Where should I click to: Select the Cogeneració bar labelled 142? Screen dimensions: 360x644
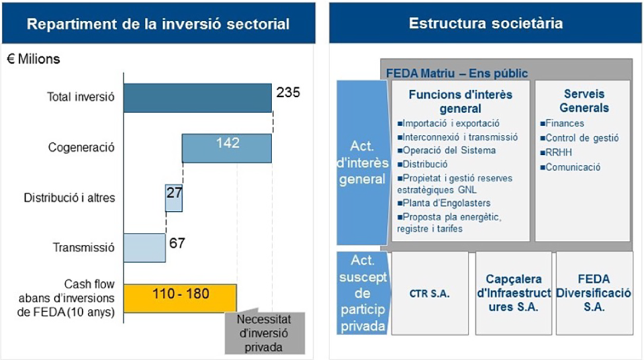[x=226, y=148]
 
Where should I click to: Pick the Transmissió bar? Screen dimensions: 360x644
[x=144, y=247]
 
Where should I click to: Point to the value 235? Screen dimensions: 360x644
[x=289, y=92]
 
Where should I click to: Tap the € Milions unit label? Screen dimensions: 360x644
[x=34, y=60]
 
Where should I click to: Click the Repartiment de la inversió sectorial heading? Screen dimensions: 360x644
[x=158, y=25]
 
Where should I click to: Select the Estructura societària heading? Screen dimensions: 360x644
[x=486, y=24]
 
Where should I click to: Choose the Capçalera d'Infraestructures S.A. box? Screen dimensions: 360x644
[x=513, y=292]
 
